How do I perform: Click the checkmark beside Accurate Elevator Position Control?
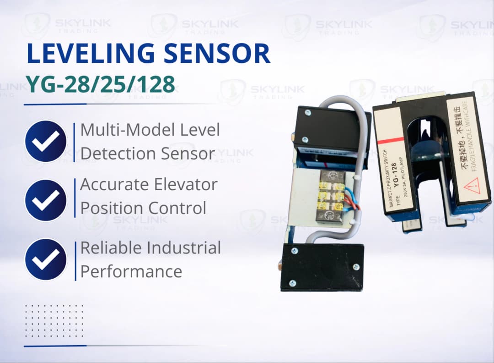point(46,200)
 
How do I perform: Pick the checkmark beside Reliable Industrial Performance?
point(46,259)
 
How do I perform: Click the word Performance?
point(131,271)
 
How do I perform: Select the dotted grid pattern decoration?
point(54,321)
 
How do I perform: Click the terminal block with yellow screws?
point(332,196)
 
